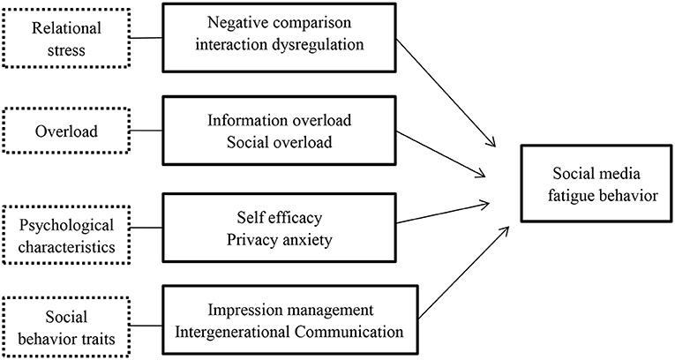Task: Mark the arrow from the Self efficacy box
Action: [446, 213]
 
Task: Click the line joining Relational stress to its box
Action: [146, 38]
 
